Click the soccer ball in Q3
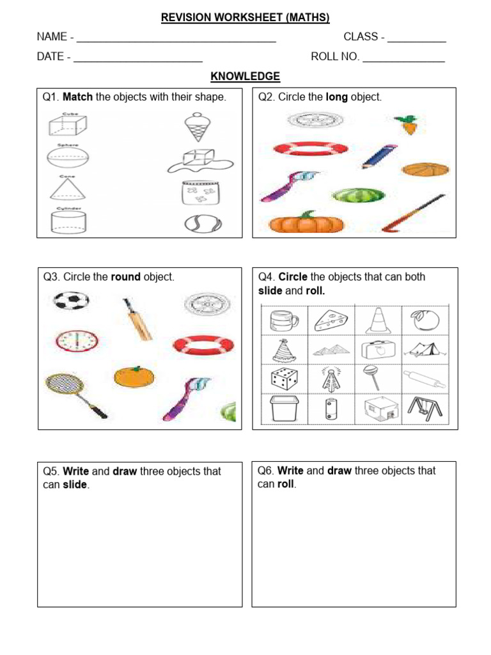coord(71,301)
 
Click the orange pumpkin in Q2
coord(306,223)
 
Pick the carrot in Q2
coord(407,124)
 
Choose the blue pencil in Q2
coord(380,156)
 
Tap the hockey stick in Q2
coord(413,213)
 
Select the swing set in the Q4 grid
coord(424,409)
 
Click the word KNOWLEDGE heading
coord(245,77)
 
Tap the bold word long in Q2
coord(336,97)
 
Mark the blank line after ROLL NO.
coord(403,57)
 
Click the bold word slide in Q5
coord(75,485)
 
